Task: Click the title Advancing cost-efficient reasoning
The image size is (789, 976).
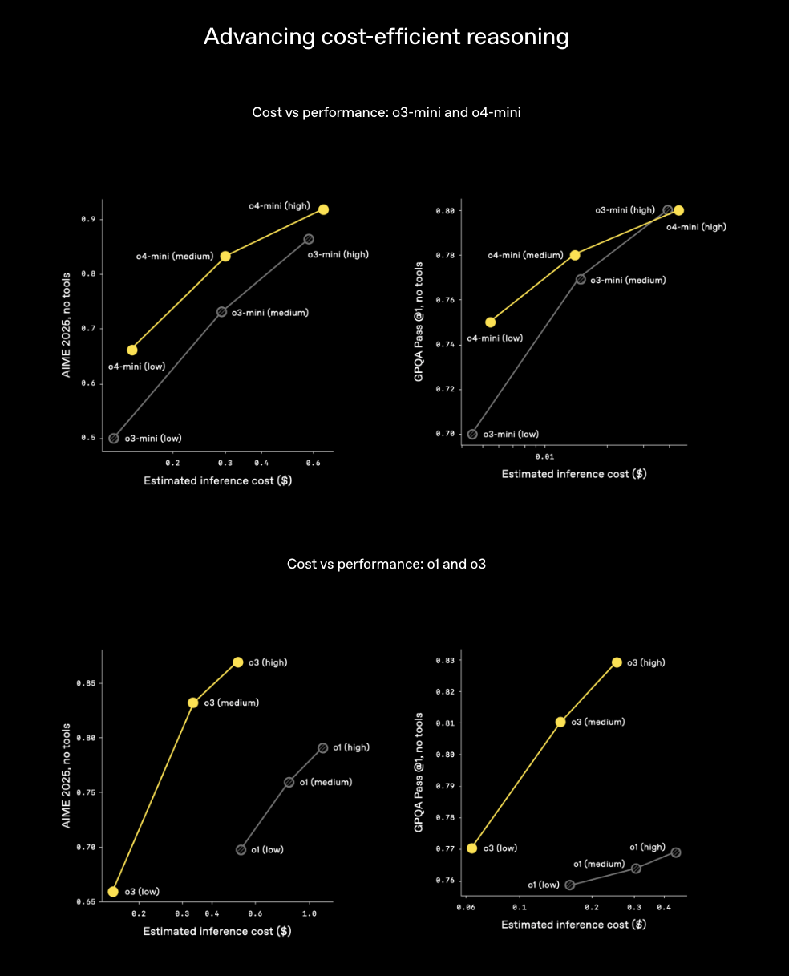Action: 386,37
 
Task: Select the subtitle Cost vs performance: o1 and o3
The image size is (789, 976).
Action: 386,564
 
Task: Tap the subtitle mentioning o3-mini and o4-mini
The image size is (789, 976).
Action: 386,112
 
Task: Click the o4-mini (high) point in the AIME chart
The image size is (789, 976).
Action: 324,209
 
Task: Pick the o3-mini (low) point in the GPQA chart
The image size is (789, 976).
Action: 472,435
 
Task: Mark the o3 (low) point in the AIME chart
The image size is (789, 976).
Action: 113,892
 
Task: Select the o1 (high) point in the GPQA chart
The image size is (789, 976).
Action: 676,852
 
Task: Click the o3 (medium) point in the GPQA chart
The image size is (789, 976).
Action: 560,722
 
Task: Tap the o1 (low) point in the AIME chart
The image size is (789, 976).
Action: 241,850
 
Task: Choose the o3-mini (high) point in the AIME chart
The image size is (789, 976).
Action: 309,239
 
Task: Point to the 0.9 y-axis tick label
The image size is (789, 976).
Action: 87,219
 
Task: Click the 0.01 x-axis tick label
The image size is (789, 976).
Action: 544,456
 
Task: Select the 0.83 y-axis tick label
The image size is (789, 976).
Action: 444,661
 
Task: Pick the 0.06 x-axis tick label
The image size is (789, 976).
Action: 465,907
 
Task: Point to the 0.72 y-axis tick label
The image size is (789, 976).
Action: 444,389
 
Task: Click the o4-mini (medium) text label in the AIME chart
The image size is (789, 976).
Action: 174,257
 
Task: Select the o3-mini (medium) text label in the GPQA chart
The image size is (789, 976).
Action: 628,280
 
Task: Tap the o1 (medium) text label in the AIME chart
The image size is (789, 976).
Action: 326,782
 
